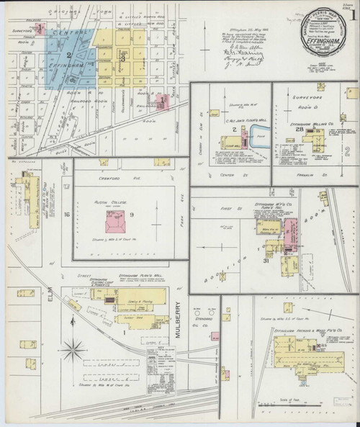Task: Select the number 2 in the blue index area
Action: pos(68,55)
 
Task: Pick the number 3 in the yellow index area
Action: pos(124,56)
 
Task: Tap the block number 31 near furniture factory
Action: pos(266,261)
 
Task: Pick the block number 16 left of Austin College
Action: pos(66,215)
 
